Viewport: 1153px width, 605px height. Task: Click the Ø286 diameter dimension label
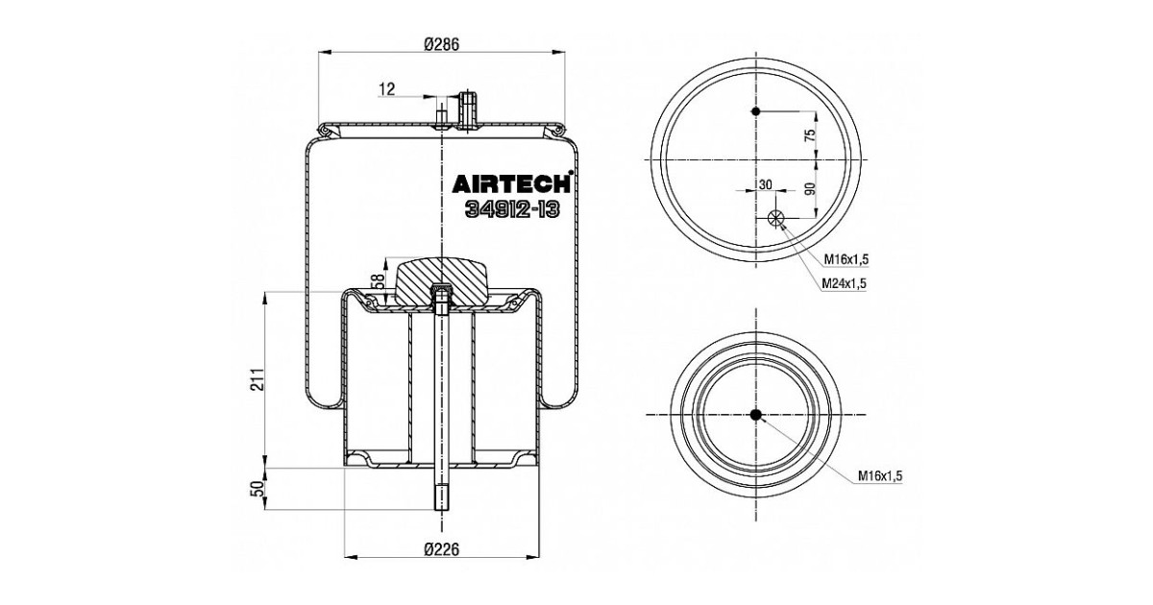pyautogui.click(x=442, y=42)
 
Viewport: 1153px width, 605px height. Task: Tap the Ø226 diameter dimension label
pyautogui.click(x=442, y=550)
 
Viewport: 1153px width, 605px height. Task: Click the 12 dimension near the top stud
pyautogui.click(x=387, y=89)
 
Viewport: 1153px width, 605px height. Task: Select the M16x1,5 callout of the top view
pyautogui.click(x=846, y=259)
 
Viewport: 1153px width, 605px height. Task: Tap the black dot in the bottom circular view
pyautogui.click(x=755, y=415)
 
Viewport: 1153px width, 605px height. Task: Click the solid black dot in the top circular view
pyautogui.click(x=756, y=112)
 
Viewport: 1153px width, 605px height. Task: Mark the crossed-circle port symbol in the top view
pyautogui.click(x=777, y=219)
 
